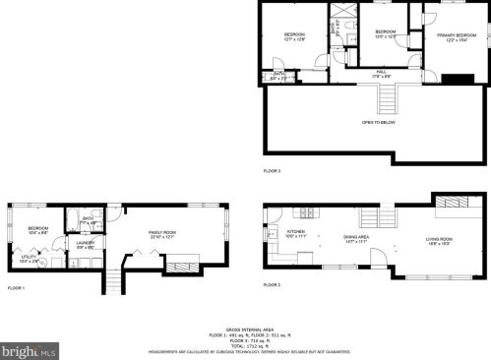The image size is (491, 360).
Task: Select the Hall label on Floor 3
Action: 381,71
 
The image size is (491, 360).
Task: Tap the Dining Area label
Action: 356,237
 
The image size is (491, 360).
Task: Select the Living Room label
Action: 439,239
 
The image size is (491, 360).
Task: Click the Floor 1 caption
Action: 16,288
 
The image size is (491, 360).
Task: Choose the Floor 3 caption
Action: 272,171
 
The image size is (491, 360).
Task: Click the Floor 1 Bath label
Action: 88,218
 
